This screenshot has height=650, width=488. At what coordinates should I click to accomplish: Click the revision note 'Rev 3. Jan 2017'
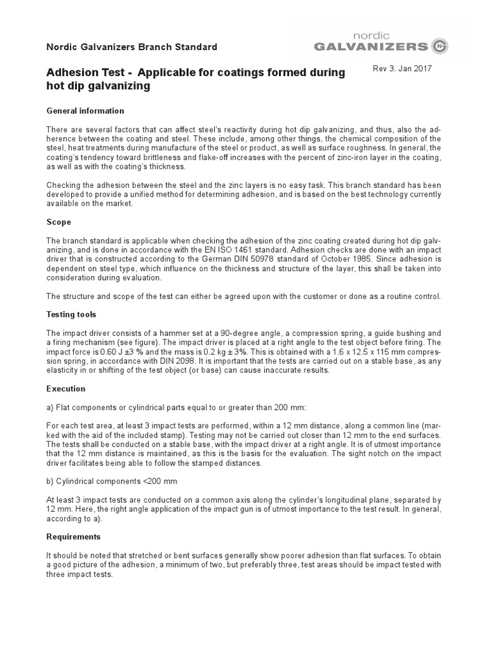tap(402, 69)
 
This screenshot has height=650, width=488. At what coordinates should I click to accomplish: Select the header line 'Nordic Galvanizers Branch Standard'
tap(132, 47)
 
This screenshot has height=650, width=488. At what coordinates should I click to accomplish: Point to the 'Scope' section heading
tap(59, 222)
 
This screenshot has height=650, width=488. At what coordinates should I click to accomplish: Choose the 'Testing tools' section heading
tap(71, 314)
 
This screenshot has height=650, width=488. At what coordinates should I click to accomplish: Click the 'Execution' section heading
tap(66, 388)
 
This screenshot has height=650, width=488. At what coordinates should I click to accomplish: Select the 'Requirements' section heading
tap(74, 536)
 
